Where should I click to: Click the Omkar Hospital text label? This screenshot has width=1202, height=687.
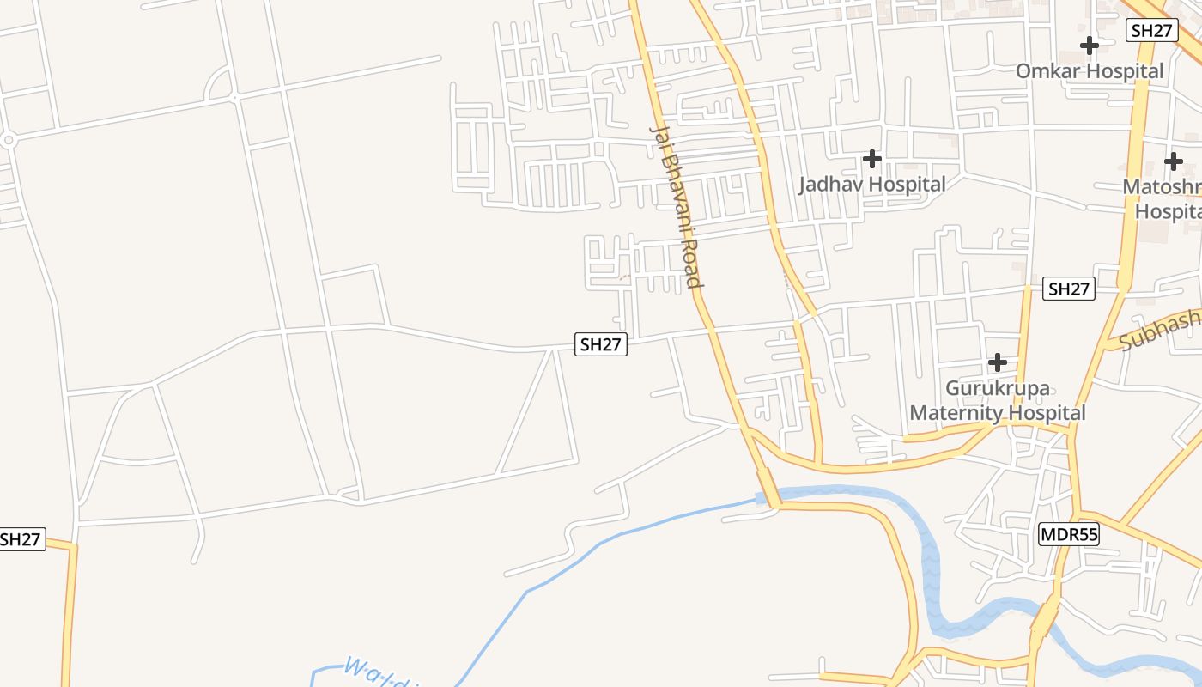pos(1090,70)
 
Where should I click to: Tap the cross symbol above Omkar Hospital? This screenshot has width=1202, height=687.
pos(1090,45)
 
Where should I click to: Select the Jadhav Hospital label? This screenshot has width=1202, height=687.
pos(872,184)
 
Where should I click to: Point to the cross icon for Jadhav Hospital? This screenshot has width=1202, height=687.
pos(872,159)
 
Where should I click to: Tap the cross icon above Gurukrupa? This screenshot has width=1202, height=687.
pos(997,362)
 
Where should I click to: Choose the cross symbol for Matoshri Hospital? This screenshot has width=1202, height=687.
pos(1173,161)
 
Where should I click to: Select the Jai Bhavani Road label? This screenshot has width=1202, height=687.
pos(677,206)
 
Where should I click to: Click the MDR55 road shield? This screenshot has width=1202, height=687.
pos(1068,534)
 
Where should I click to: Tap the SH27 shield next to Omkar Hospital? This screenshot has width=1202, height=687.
pos(1151,30)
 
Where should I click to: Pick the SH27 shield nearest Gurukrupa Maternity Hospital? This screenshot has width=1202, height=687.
pos(1069,289)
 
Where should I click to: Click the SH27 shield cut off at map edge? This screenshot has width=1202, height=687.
pos(21,539)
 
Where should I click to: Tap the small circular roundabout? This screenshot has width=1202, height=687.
pos(9,139)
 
